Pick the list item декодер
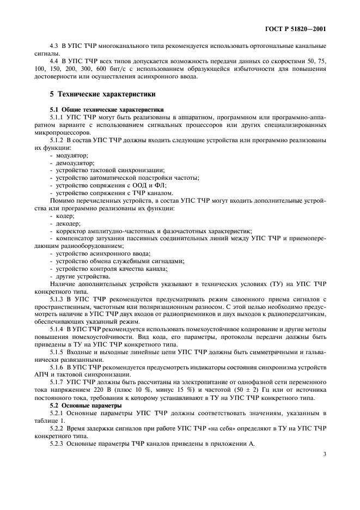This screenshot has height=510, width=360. pos(68,223)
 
